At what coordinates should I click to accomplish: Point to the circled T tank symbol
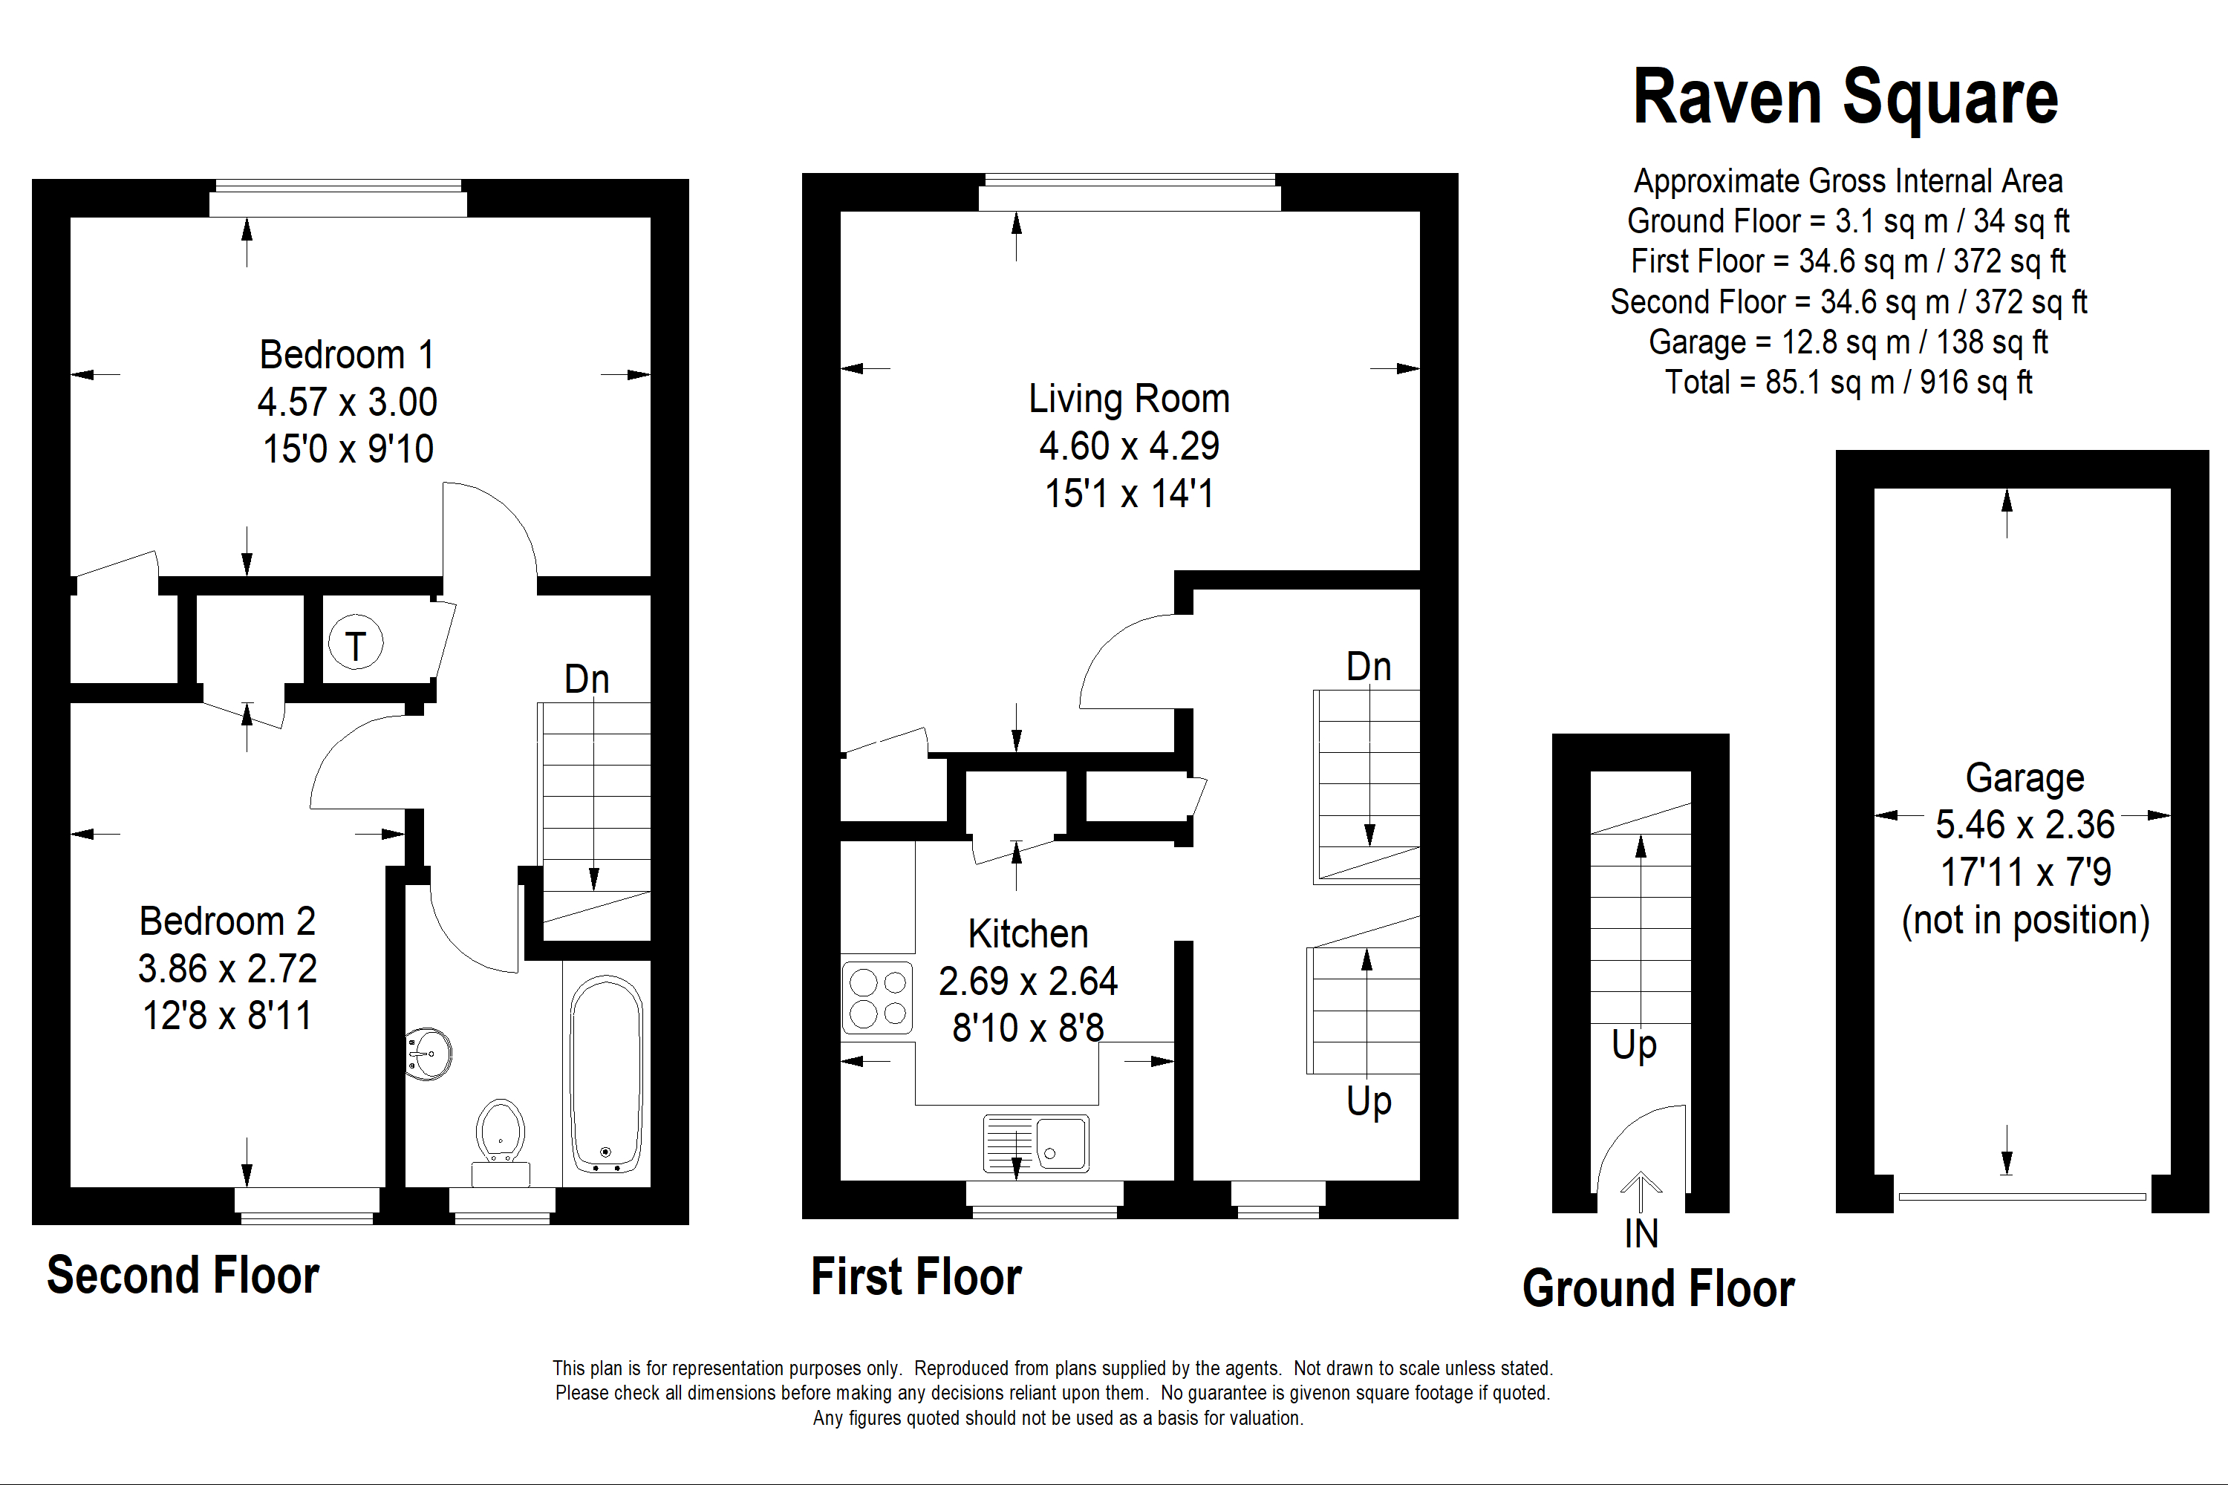[355, 643]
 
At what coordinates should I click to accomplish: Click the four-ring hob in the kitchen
[877, 997]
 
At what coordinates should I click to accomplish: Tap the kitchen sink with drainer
[1036, 1143]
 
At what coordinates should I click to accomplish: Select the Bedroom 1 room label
[347, 355]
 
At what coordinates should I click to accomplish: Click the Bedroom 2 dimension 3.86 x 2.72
[227, 968]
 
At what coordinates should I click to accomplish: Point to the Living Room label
[1129, 399]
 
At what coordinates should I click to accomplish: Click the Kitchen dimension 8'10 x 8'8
[1028, 1028]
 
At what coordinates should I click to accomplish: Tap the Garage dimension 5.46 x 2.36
[2025, 824]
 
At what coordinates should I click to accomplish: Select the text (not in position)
[2025, 920]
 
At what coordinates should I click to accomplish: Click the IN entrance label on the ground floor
[1641, 1233]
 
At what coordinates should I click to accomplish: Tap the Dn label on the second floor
[587, 679]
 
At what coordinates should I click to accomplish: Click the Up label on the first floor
[1369, 1100]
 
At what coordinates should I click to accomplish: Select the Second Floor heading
[183, 1275]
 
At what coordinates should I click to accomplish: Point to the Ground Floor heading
[1658, 1288]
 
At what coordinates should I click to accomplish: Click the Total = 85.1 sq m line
[1848, 382]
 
